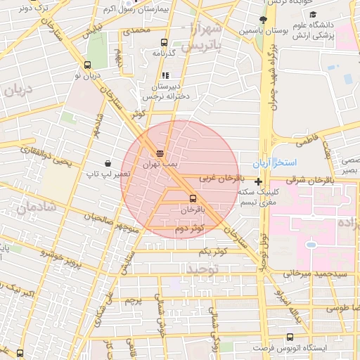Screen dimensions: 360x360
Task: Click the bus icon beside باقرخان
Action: (193, 198)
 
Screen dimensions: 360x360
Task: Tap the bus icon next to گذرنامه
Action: (165, 42)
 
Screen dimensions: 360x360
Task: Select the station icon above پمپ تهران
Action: (160, 152)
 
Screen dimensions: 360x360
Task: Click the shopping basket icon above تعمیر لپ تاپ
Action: (106, 160)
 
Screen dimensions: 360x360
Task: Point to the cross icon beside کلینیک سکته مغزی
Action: (259, 182)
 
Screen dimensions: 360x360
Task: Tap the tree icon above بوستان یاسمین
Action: (263, 20)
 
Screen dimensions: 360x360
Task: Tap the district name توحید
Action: (205, 268)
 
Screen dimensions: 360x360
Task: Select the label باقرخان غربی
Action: (218, 179)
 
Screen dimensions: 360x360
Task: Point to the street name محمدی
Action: (136, 30)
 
